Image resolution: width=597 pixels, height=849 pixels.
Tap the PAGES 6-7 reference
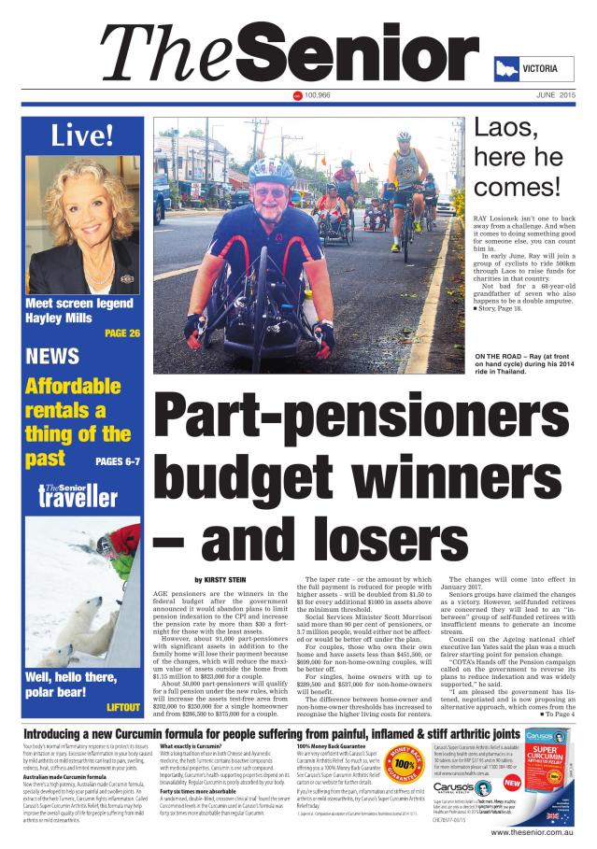(x=118, y=461)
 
